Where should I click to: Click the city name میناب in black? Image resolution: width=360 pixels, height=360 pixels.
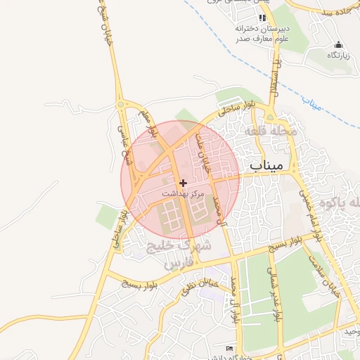(x=266, y=165)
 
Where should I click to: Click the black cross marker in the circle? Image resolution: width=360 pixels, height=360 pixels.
(x=184, y=182)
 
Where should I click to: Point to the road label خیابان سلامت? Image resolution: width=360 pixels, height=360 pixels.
(x=328, y=278)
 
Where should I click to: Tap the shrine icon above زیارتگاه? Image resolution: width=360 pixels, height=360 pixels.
(x=339, y=44)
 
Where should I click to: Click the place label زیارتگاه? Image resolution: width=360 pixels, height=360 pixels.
(x=339, y=54)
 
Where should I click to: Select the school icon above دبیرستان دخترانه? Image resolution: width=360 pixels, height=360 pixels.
(x=252, y=18)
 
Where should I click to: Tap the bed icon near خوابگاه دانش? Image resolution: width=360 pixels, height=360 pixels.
(x=229, y=348)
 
